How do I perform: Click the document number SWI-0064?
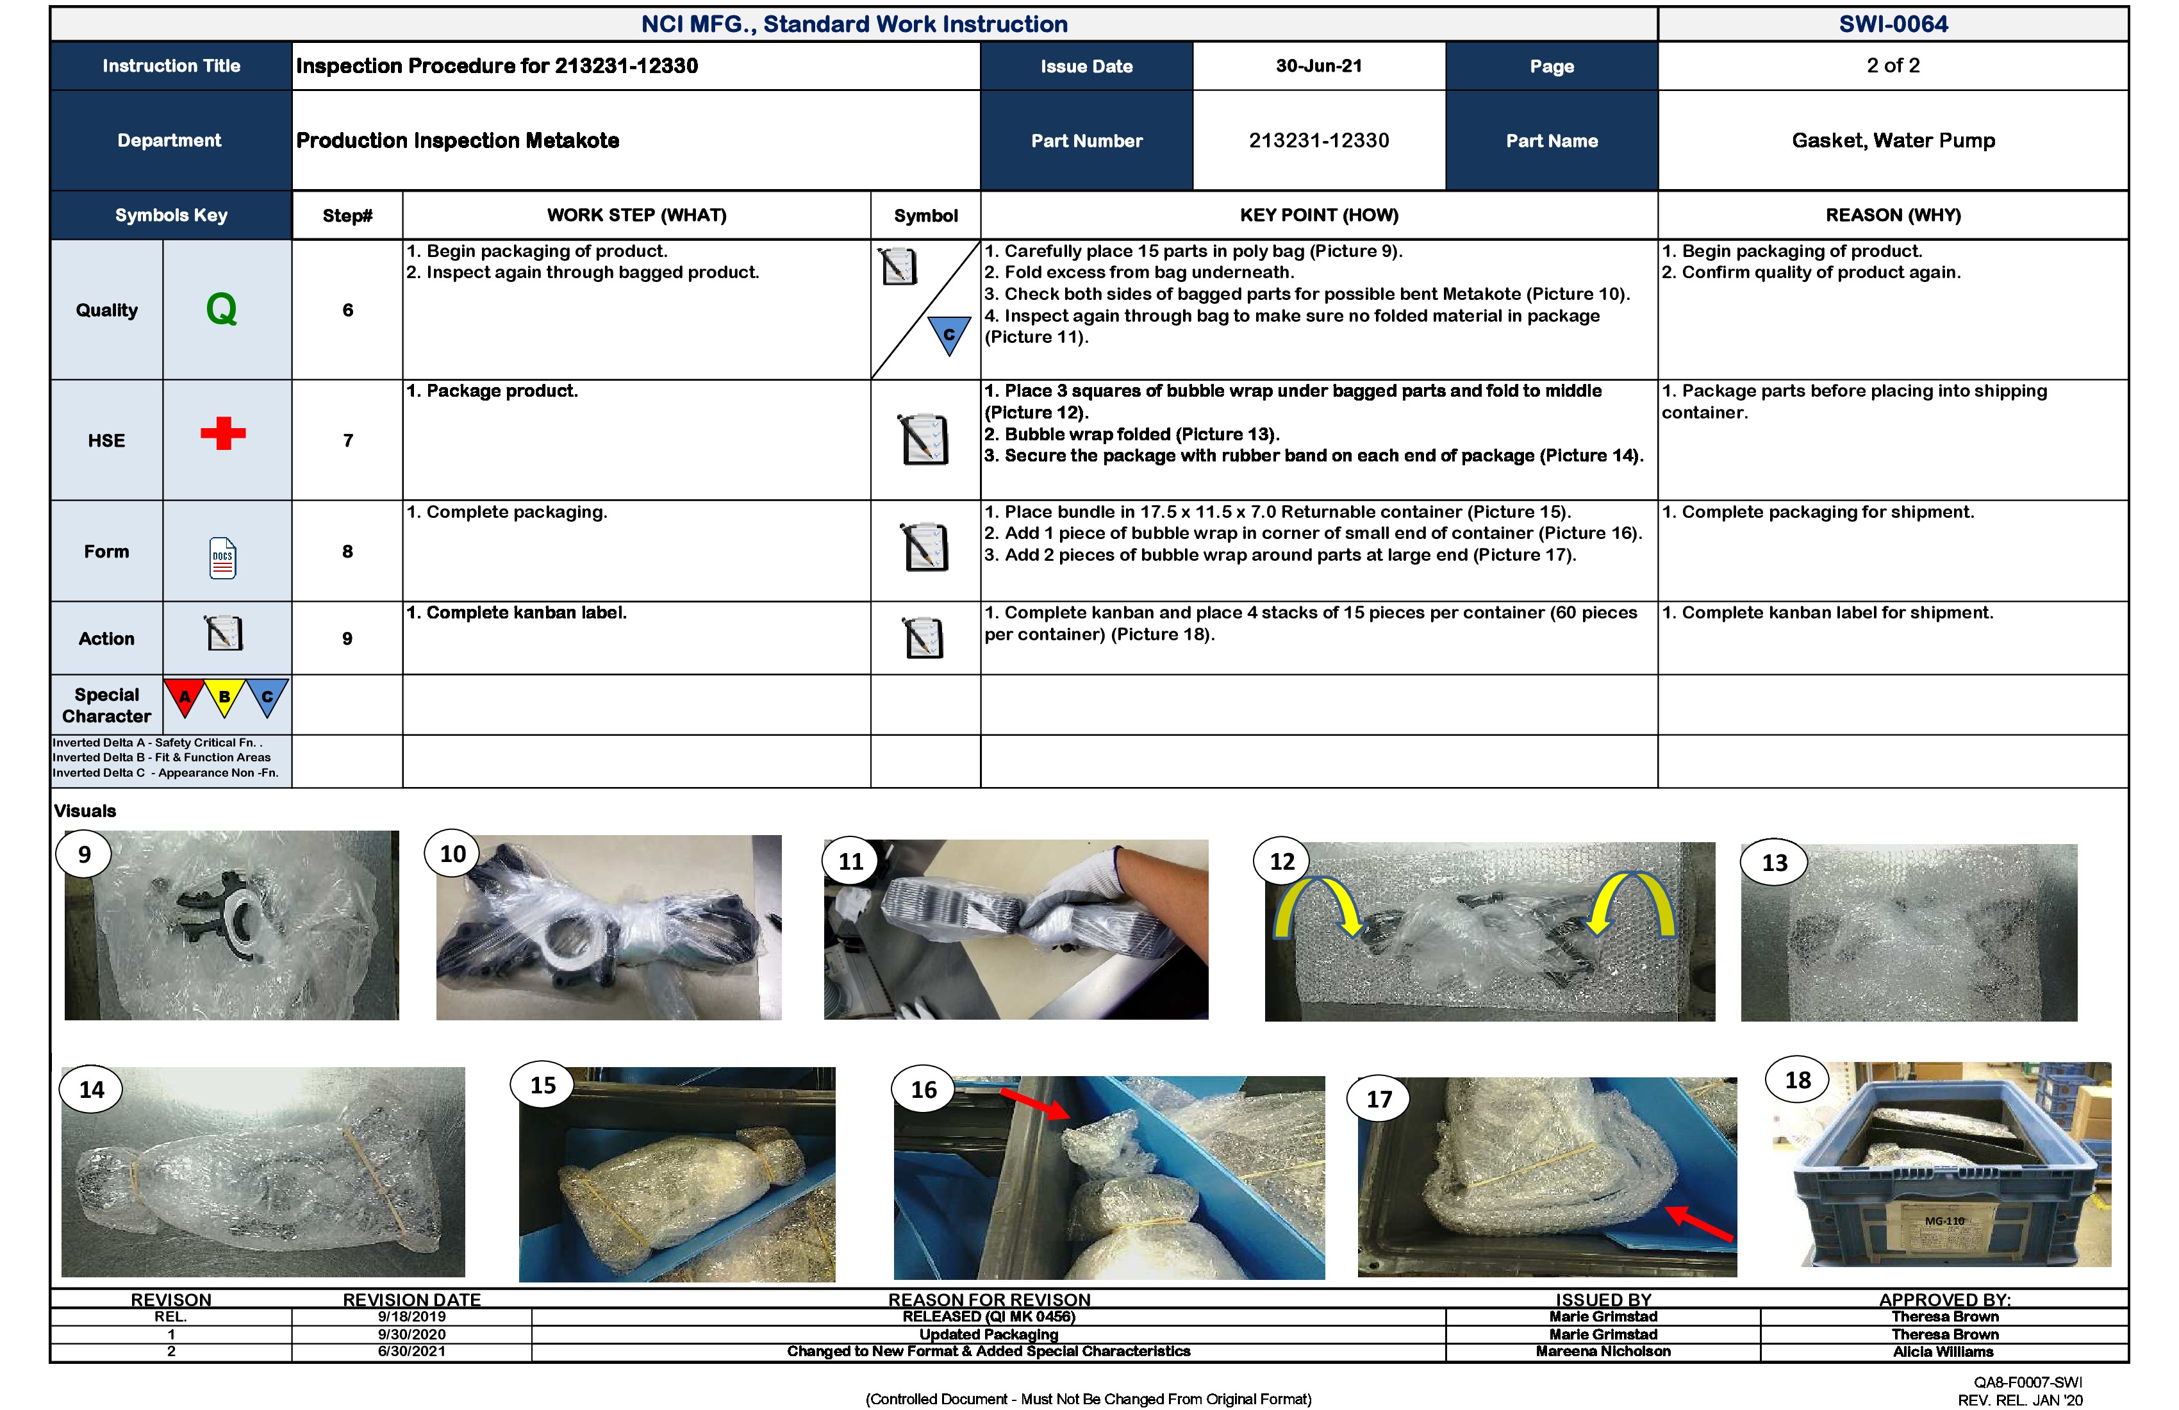(1893, 24)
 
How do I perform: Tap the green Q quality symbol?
(222, 310)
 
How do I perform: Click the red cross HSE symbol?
(224, 433)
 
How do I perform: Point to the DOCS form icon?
(222, 557)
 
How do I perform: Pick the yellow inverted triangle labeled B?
(224, 697)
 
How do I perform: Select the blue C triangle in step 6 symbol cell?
(949, 334)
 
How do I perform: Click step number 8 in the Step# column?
(347, 551)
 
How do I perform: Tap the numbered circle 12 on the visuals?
(1282, 861)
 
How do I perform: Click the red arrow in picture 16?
(1034, 1103)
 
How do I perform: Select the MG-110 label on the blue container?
(1944, 1222)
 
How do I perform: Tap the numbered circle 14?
(92, 1090)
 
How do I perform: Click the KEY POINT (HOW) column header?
(1318, 215)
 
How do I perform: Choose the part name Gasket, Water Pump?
(1893, 140)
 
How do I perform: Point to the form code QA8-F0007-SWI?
(2027, 1382)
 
